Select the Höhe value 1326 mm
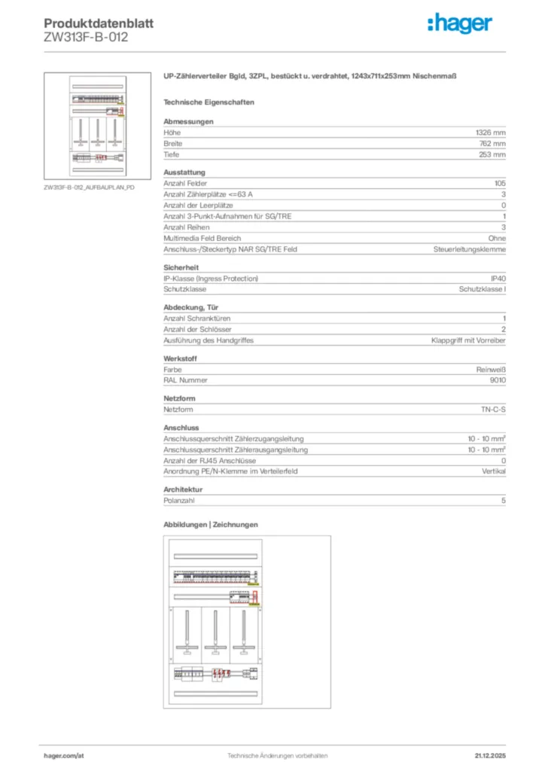[x=488, y=133]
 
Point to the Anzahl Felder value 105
[x=499, y=184]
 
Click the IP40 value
[x=498, y=279]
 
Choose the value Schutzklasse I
[x=482, y=289]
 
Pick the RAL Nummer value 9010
[x=498, y=381]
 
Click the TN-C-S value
[x=493, y=410]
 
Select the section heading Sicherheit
[x=181, y=267]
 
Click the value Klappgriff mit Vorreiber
[x=468, y=340]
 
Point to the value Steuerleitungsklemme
[x=469, y=249]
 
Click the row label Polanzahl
[x=180, y=501]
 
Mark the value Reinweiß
[x=491, y=370]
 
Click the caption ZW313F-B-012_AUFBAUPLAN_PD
[x=89, y=186]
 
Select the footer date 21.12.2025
[x=489, y=754]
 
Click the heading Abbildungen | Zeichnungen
[x=211, y=524]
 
